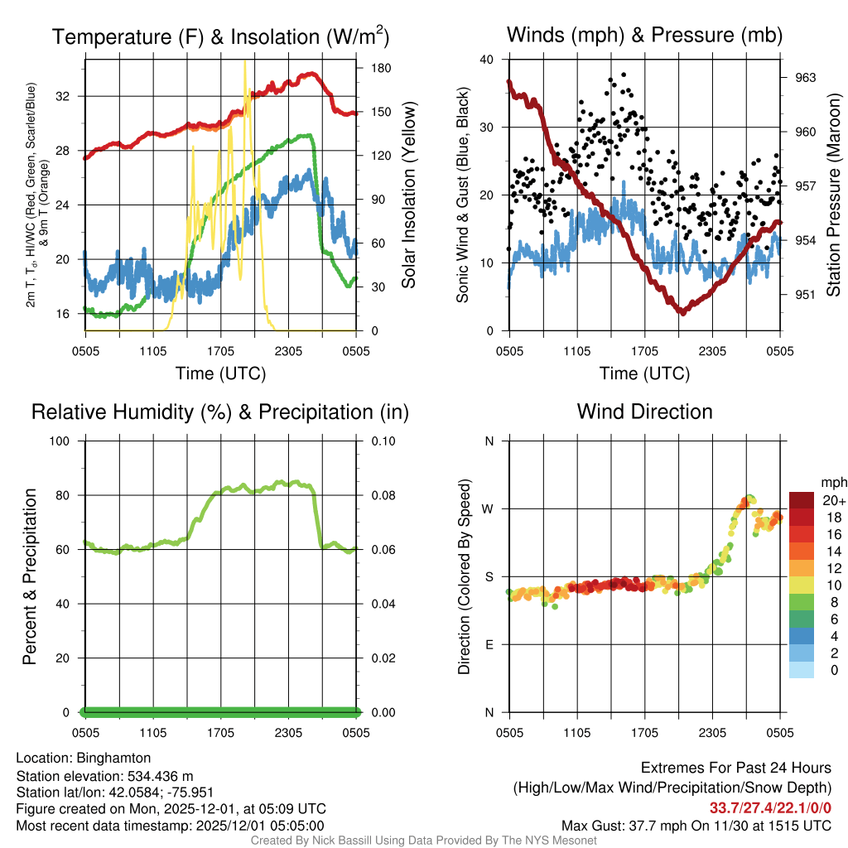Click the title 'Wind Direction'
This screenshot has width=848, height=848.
click(x=644, y=412)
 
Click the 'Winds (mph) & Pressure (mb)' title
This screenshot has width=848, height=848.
click(x=644, y=35)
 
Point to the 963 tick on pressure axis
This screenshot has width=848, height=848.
click(x=805, y=78)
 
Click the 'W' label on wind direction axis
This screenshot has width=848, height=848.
click(x=489, y=508)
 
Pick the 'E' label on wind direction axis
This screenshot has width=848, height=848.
click(x=489, y=644)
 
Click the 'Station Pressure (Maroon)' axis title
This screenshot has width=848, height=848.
click(x=834, y=195)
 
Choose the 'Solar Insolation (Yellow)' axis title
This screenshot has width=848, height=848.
click(x=408, y=195)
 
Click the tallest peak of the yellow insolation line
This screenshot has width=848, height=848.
click(x=244, y=62)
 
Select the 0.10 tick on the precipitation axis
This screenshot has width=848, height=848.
click(x=382, y=441)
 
